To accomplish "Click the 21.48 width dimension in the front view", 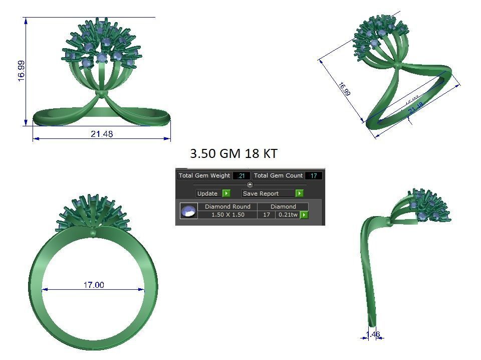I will (102, 134).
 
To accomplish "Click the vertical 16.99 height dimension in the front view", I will (21, 71).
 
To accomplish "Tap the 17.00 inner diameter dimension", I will (94, 285).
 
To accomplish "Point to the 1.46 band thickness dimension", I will (373, 334).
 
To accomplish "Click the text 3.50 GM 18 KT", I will (233, 153).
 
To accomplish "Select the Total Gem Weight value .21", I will (242, 175).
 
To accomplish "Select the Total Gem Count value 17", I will (314, 175).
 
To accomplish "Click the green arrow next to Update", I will (226, 194).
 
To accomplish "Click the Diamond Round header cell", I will (227, 207).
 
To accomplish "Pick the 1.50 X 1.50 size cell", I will (227, 215).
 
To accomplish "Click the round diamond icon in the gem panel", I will (188, 211).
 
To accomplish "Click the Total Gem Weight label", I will (204, 175).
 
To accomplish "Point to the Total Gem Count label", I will (278, 175).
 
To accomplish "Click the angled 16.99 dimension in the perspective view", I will (344, 89).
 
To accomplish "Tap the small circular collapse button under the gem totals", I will (250, 185).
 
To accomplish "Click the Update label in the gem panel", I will (207, 194).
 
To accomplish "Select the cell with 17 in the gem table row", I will (267, 215).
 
